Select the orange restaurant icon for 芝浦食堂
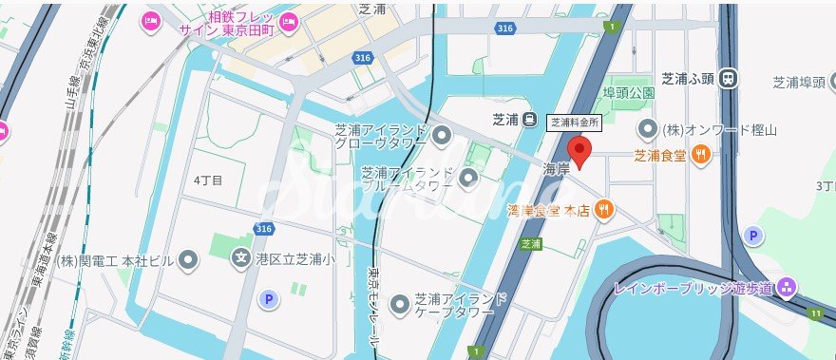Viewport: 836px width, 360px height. pos(700,153)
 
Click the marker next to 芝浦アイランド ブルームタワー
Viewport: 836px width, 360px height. pos(467,178)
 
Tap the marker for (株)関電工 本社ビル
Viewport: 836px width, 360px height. pos(189,258)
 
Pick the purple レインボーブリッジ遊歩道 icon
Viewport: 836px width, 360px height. pos(786,287)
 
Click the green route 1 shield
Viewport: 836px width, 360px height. pos(615,27)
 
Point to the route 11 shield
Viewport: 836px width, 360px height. pos(816,312)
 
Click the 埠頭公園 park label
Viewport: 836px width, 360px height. pos(629,93)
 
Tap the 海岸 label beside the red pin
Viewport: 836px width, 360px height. pos(556,168)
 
